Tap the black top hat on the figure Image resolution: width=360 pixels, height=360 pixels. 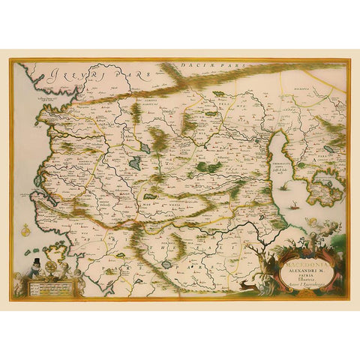(36, 262)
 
